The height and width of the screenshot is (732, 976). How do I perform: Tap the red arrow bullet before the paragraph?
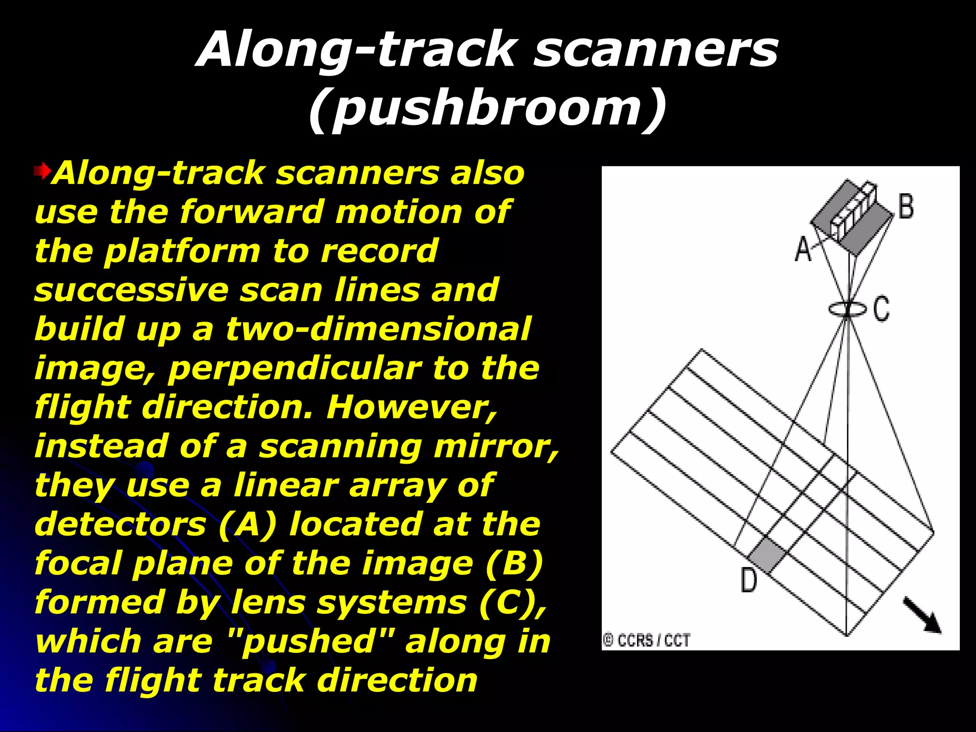pos(42,171)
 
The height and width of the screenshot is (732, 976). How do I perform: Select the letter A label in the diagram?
pos(803,249)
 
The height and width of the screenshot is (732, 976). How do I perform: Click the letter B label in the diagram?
pos(906,206)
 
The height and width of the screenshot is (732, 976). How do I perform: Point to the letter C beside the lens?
pos(882,308)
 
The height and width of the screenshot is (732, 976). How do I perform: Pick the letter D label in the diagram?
pos(749,580)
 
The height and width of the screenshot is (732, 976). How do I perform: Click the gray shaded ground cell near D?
pos(766,554)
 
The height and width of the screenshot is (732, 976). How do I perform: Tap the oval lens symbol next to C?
pos(847,309)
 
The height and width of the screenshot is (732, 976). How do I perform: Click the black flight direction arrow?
pos(923,616)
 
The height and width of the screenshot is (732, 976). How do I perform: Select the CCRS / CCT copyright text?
pos(646,640)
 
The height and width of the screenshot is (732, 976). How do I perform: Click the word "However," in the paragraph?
pos(412,407)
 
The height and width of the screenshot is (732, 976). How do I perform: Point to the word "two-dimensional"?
pos(377,329)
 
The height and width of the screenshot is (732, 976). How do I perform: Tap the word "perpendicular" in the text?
pos(295,368)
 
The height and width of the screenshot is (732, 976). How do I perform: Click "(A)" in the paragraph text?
pos(247,524)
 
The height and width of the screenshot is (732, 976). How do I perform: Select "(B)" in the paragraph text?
pos(514,563)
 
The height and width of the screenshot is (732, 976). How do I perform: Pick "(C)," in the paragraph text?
pos(513,602)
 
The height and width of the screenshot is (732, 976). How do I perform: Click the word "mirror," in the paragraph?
pos(496,447)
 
